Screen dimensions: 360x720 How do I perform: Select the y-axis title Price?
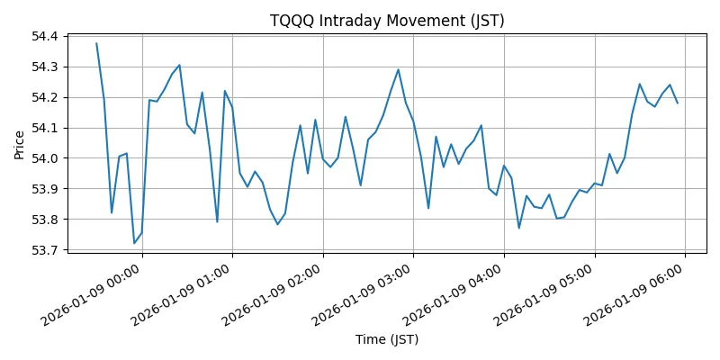coord(20,143)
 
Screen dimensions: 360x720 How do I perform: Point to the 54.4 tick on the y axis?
coord(45,36)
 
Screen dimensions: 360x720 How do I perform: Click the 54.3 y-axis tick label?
coord(45,67)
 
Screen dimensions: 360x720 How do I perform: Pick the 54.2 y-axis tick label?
coord(45,97)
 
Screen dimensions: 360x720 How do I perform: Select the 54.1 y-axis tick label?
coord(45,128)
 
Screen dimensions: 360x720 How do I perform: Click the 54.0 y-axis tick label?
coord(45,158)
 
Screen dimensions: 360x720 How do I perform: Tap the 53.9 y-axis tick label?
coord(45,189)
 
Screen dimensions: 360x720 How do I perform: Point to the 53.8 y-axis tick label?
coord(45,220)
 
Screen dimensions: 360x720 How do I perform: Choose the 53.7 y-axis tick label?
coord(45,250)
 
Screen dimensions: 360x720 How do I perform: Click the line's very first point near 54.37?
coord(96,43)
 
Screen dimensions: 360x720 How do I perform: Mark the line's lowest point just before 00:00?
coord(134,243)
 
